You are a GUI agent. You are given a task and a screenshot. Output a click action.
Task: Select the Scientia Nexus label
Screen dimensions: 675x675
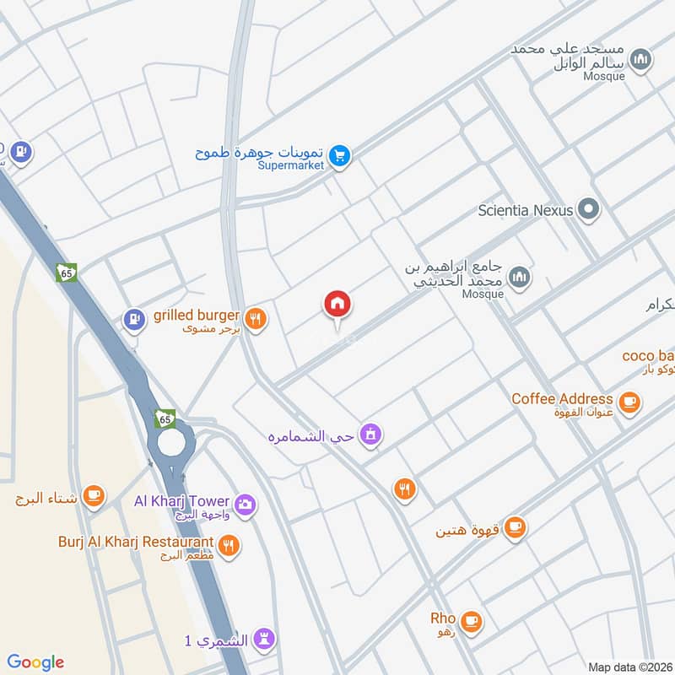pyautogui.click(x=525, y=210)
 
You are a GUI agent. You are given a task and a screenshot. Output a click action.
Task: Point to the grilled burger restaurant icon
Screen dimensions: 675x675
pyautogui.click(x=256, y=318)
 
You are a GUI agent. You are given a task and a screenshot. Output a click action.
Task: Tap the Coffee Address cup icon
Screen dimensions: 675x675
pyautogui.click(x=629, y=402)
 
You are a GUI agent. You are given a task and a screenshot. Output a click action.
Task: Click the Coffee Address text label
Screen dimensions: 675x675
pyautogui.click(x=562, y=398)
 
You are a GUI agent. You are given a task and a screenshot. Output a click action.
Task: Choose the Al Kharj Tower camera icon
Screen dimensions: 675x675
pyautogui.click(x=246, y=505)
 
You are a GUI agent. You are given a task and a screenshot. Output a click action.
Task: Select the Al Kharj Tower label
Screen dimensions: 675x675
pyautogui.click(x=181, y=501)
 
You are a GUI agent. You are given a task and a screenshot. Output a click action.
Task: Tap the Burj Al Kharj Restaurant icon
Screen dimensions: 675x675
pyautogui.click(x=228, y=545)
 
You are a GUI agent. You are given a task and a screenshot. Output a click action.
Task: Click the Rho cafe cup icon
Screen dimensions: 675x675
pyautogui.click(x=471, y=622)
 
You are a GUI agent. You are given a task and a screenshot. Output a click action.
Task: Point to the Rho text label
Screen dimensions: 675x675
pyautogui.click(x=442, y=618)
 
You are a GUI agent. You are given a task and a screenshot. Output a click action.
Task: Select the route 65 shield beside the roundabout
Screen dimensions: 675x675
pyautogui.click(x=165, y=418)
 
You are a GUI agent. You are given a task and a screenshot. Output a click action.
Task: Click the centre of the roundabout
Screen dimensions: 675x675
pyautogui.click(x=171, y=442)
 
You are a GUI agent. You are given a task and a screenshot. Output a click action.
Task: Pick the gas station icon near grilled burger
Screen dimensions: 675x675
pyautogui.click(x=132, y=320)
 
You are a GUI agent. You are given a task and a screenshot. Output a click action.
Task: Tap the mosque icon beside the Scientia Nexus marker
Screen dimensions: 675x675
pyautogui.click(x=521, y=276)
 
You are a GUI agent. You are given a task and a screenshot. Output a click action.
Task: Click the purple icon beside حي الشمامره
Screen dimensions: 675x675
pyautogui.click(x=369, y=435)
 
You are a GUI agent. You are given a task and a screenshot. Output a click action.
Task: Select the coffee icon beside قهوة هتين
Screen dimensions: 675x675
pyautogui.click(x=516, y=528)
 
